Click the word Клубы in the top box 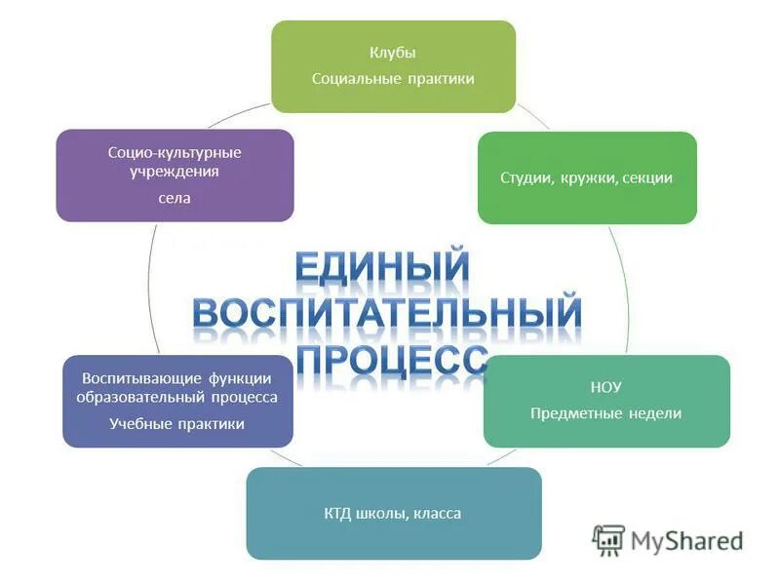coord(393,54)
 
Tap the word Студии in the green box coord(526,178)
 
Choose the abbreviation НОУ coord(606,388)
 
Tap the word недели coord(656,413)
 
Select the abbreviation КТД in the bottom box coord(341,514)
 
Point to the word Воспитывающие coord(142,378)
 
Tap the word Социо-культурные coord(175,153)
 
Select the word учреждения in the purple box coord(175,172)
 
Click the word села coord(175,198)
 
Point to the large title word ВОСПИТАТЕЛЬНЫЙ coord(387,315)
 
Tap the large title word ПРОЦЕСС coord(391,359)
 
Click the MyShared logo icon coord(608,539)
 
